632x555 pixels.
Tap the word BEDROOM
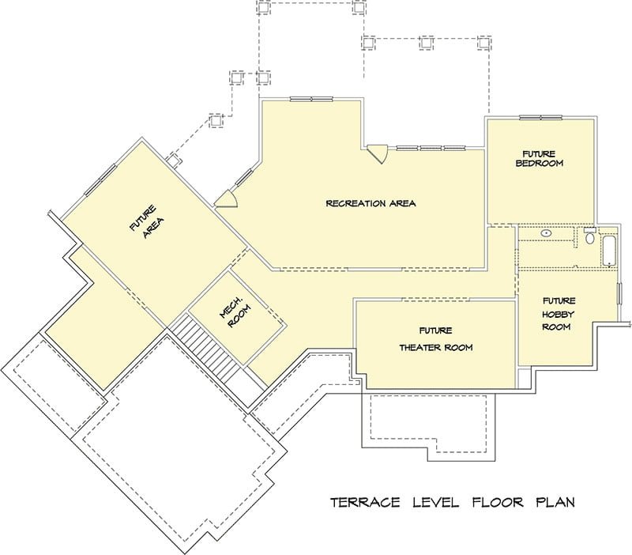tap(540, 164)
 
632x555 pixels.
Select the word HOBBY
tap(558, 314)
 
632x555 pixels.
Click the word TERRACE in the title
tap(365, 502)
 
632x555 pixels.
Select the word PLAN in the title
tap(555, 502)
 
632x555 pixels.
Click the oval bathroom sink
tap(547, 233)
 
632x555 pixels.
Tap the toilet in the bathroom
tap(589, 236)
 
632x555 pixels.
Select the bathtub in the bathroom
tap(608, 251)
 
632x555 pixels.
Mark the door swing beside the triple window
tap(378, 154)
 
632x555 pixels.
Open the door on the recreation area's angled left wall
tap(227, 199)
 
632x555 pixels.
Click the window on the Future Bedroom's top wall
tap(540, 118)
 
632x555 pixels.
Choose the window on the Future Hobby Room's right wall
tap(619, 293)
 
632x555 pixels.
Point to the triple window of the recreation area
tap(431, 148)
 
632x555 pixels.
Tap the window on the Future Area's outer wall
tap(100, 180)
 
